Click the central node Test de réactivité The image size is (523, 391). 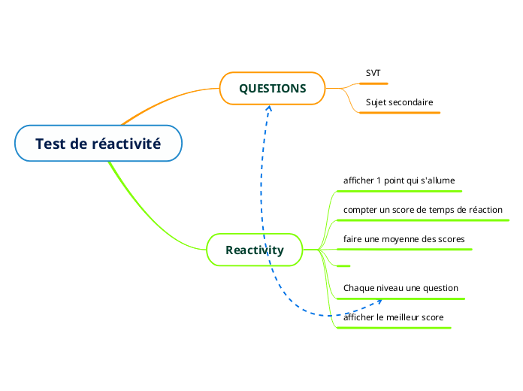click(x=98, y=143)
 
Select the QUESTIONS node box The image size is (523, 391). click(x=272, y=88)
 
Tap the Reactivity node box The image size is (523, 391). click(x=255, y=250)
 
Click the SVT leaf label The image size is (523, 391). click(x=373, y=73)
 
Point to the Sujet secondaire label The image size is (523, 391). click(x=399, y=102)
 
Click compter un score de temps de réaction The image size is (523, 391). click(x=422, y=210)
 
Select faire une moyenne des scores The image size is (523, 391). click(x=404, y=239)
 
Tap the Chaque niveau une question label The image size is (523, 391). click(x=401, y=288)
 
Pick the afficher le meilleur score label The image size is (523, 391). click(x=393, y=317)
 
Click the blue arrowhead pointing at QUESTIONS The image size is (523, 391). click(x=268, y=108)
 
